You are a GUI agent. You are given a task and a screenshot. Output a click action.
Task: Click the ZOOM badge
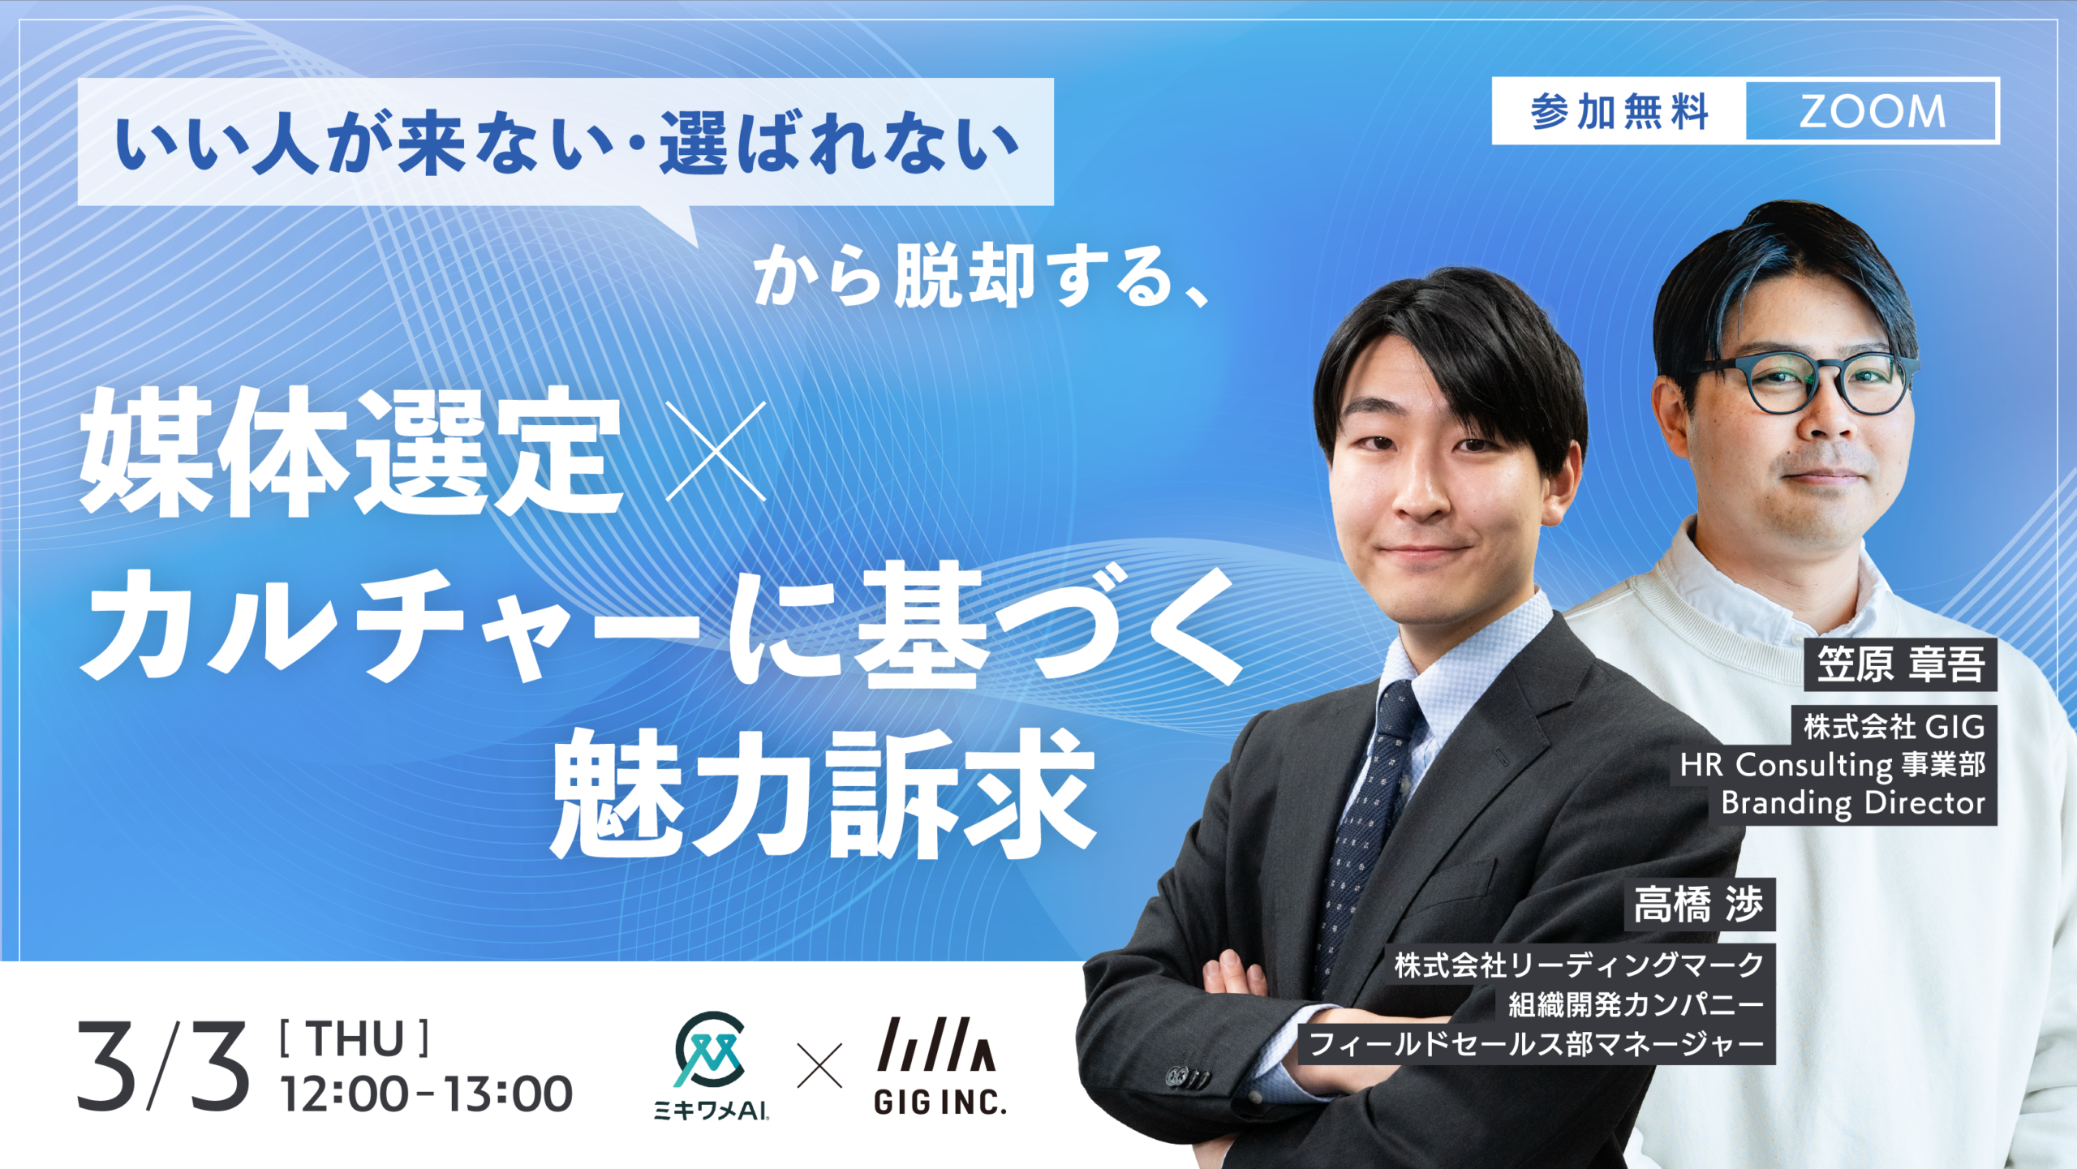1871,111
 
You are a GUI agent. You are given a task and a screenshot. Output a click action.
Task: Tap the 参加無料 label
1619,111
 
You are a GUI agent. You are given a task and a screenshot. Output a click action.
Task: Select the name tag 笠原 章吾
1900,664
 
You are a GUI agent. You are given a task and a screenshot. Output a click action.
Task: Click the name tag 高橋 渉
1699,905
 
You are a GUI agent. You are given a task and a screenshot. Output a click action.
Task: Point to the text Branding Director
1853,802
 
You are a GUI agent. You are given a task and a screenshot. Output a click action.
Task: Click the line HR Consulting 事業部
1832,764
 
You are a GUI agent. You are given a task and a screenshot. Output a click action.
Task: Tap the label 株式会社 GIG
1894,726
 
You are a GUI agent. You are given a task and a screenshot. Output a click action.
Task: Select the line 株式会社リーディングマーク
1579,965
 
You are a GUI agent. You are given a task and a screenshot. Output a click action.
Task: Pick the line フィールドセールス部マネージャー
1537,1044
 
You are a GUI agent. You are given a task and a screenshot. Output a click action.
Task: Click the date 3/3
163,1065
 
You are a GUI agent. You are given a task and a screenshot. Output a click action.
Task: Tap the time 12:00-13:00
426,1094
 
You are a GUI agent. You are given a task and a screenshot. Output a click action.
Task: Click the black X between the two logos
820,1065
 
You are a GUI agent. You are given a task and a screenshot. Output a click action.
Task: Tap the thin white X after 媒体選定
716,452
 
